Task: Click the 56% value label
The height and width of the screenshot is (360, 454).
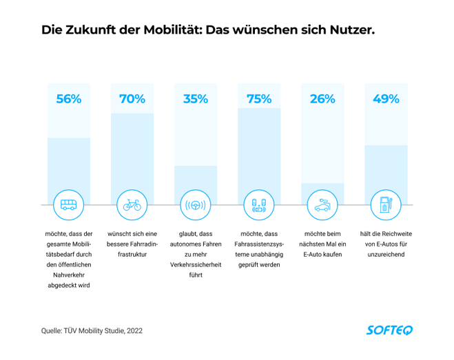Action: pos(69,99)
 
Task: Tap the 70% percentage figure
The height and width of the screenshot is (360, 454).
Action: pos(132,99)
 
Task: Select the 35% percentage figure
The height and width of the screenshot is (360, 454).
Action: pos(196,99)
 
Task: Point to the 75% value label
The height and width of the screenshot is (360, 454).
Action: pos(259,99)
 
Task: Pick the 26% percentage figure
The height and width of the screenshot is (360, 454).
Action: pos(322,99)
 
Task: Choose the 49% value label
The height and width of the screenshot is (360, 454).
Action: pos(386,99)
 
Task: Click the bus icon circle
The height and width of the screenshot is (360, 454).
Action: pos(69,205)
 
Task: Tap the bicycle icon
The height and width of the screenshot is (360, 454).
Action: pos(132,205)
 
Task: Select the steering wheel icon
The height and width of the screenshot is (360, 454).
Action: pos(196,205)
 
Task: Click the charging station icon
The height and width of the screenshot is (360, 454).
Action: pos(386,205)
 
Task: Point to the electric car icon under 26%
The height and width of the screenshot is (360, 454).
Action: pos(322,205)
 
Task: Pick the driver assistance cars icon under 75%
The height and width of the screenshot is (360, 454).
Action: pos(259,205)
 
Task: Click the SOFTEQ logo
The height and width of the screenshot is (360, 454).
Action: pos(389,330)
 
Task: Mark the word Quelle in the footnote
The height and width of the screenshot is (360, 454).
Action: pos(54,331)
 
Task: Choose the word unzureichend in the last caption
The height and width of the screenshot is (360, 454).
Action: pos(386,254)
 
